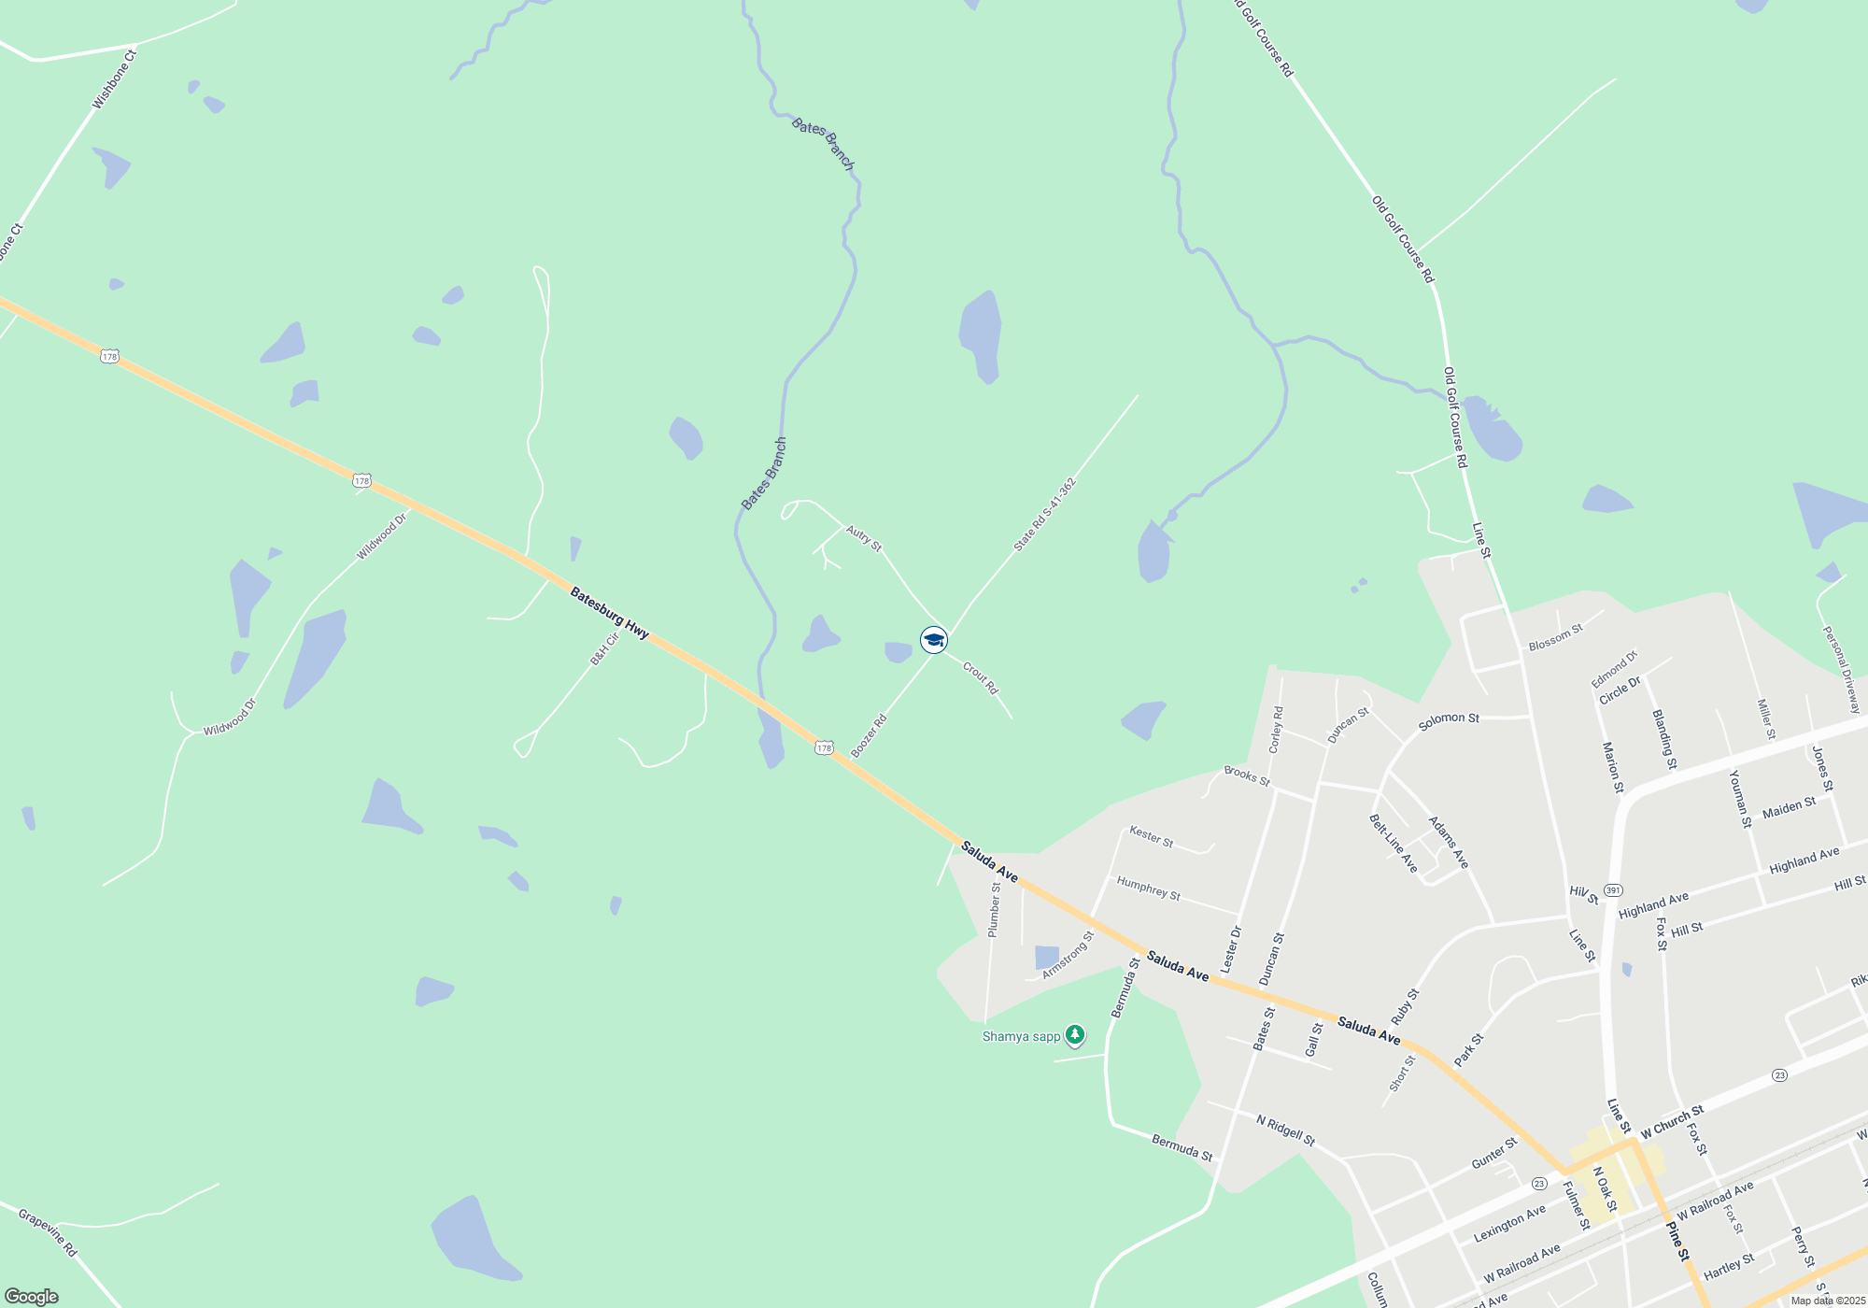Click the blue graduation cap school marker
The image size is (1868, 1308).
[x=934, y=640]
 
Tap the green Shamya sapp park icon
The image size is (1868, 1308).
[x=1075, y=1035]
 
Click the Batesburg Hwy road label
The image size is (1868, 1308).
[x=609, y=613]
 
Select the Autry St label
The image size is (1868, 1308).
[x=864, y=537]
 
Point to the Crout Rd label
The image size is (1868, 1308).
[x=981, y=678]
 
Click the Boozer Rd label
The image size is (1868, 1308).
[x=869, y=736]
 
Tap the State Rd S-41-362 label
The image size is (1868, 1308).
[x=1045, y=515]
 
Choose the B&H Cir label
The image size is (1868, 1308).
[x=605, y=648]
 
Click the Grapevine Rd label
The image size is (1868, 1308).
[x=48, y=1233]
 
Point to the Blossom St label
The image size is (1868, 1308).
[x=1555, y=638]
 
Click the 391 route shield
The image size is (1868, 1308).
[x=1613, y=889]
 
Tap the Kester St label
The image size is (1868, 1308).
[x=1151, y=835]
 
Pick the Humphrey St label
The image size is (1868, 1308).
[x=1148, y=889]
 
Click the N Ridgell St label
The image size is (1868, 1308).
[x=1285, y=1130]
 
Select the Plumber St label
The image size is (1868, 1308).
[x=995, y=910]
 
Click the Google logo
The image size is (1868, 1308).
[x=32, y=1297]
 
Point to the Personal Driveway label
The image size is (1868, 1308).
[x=1841, y=669]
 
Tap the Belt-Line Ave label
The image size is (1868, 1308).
[x=1394, y=844]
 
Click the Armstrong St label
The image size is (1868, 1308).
[x=1068, y=955]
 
